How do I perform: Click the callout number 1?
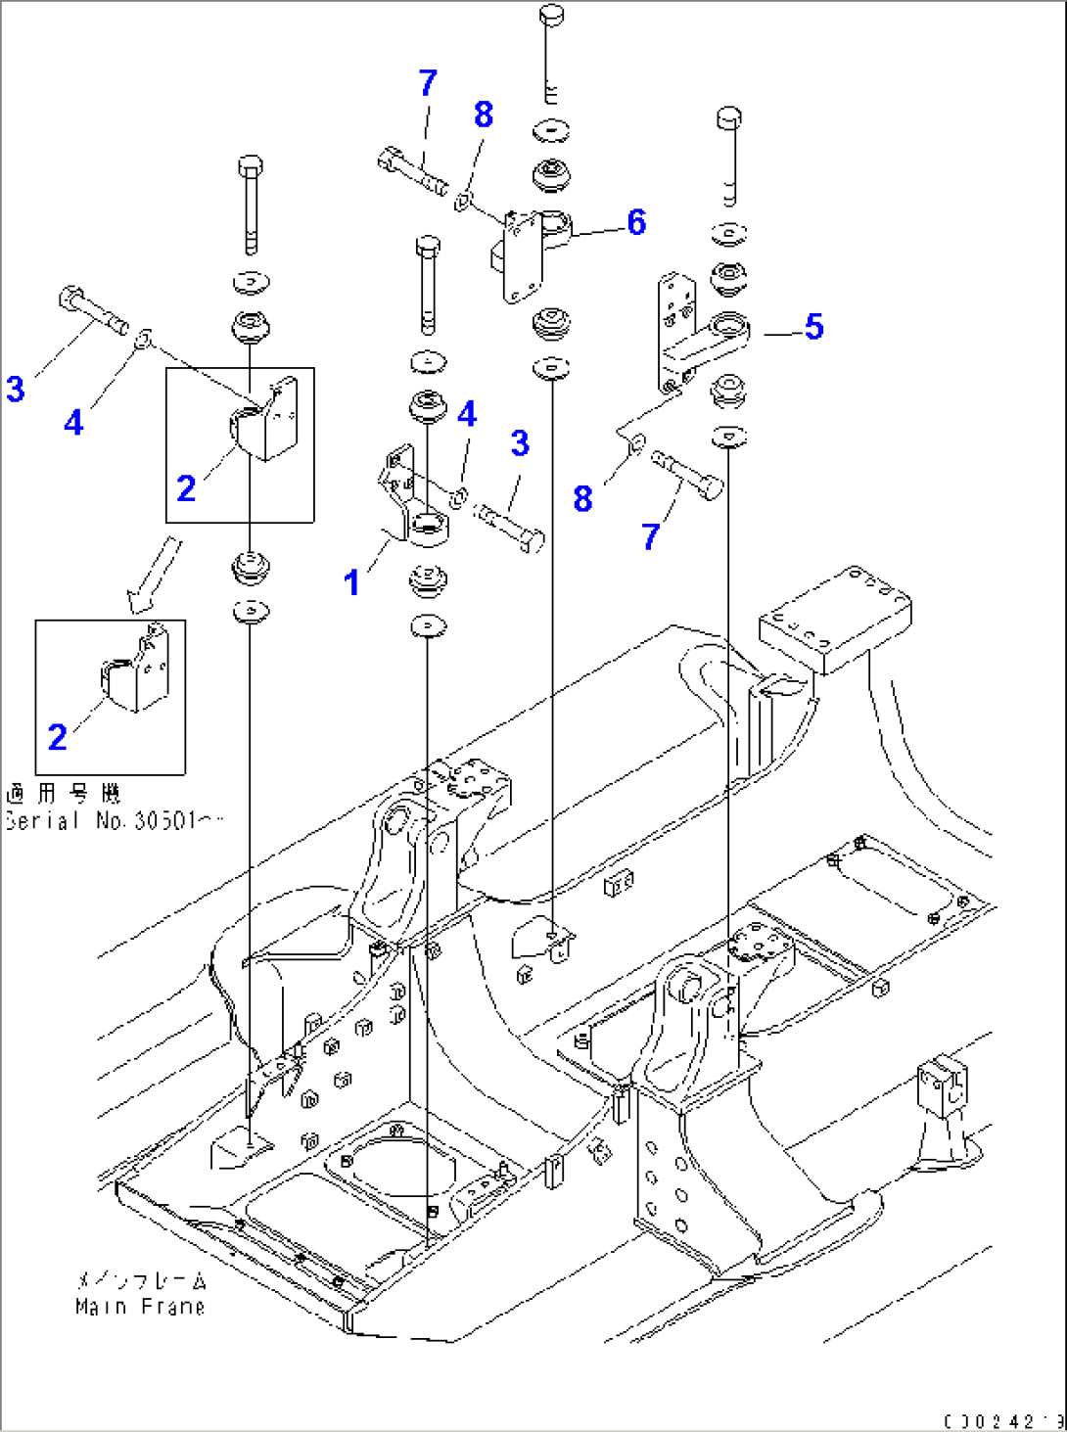(351, 583)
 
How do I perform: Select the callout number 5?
(813, 327)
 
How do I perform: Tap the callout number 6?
(636, 223)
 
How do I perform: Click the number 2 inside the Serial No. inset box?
(58, 737)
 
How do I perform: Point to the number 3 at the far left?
(15, 389)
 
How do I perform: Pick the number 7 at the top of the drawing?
(427, 84)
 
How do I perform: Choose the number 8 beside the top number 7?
(483, 115)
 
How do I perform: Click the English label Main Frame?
(139, 1307)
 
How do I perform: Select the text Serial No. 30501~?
(113, 821)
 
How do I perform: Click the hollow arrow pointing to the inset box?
(152, 576)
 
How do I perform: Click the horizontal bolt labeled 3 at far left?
(94, 308)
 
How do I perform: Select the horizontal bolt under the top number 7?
(411, 171)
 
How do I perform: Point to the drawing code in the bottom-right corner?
(1003, 1421)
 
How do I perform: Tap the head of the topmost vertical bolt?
(552, 17)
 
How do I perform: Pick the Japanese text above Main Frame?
(141, 1280)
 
